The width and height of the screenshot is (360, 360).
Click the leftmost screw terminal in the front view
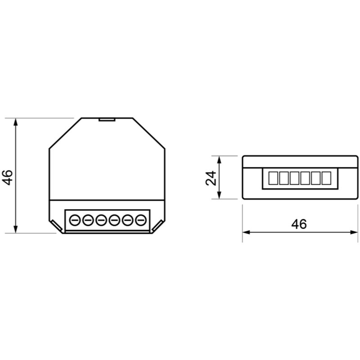pyautogui.click(x=75, y=220)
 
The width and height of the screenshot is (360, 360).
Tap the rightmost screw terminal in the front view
pyautogui.click(x=141, y=220)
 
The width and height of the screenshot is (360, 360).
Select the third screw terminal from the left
pyautogui.click(x=101, y=220)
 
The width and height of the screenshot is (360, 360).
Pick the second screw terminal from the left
pyautogui.click(x=88, y=220)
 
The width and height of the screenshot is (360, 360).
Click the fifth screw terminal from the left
pyautogui.click(x=127, y=220)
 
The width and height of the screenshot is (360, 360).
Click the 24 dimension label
pyautogui.click(x=211, y=178)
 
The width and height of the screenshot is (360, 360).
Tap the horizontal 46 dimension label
pyautogui.click(x=299, y=224)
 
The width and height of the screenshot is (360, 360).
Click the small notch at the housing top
pyautogui.click(x=107, y=119)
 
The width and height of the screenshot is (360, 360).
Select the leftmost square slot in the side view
pyautogui.click(x=273, y=178)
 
